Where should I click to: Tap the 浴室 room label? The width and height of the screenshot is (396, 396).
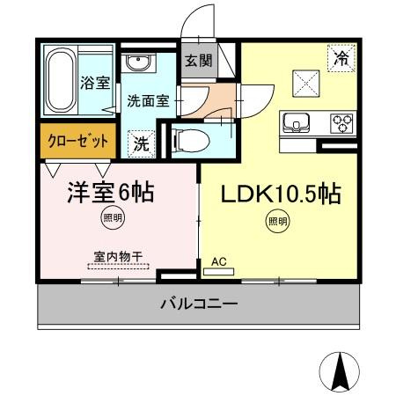[96, 85]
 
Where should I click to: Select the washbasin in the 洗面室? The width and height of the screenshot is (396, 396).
[137, 64]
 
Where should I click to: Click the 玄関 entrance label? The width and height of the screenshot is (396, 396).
[198, 61]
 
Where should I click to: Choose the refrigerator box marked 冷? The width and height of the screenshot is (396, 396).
[340, 58]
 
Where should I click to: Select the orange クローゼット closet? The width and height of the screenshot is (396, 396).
[78, 141]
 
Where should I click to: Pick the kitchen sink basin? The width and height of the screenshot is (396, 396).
[295, 121]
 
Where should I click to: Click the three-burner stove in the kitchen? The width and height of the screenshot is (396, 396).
[341, 121]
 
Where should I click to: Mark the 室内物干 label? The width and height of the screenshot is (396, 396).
[118, 257]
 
